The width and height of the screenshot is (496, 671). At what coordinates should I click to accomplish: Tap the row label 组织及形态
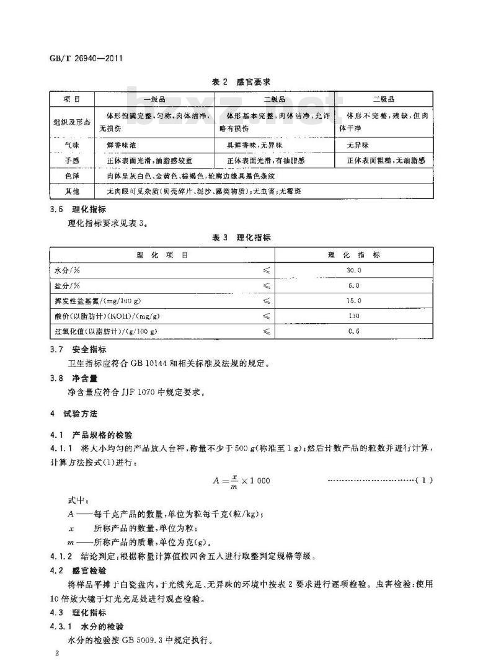(71, 122)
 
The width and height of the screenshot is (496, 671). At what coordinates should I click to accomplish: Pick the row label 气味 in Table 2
(71, 145)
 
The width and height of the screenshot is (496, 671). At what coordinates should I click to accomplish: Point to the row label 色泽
(71, 176)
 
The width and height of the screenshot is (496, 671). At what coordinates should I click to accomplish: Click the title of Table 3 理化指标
(246, 238)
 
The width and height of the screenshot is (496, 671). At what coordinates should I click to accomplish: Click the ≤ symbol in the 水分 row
(266, 270)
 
